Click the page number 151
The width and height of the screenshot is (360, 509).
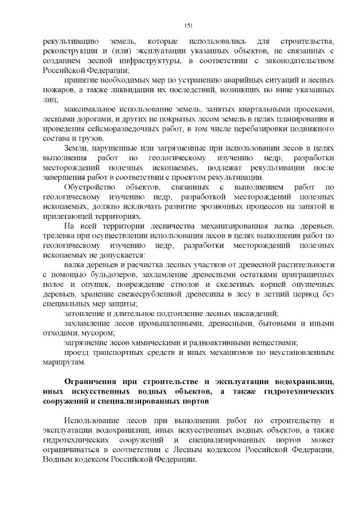(189, 25)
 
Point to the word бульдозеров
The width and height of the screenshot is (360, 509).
(111, 274)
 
